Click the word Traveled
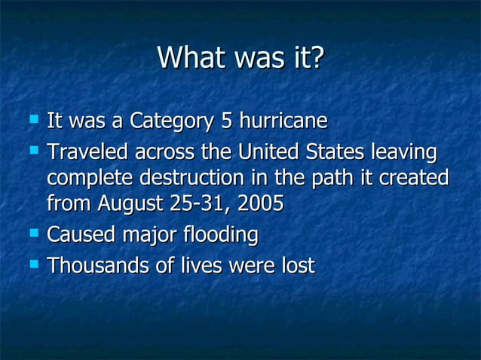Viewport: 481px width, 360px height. pyautogui.click(x=88, y=153)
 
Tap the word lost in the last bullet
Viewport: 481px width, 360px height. pyautogui.click(x=296, y=266)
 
